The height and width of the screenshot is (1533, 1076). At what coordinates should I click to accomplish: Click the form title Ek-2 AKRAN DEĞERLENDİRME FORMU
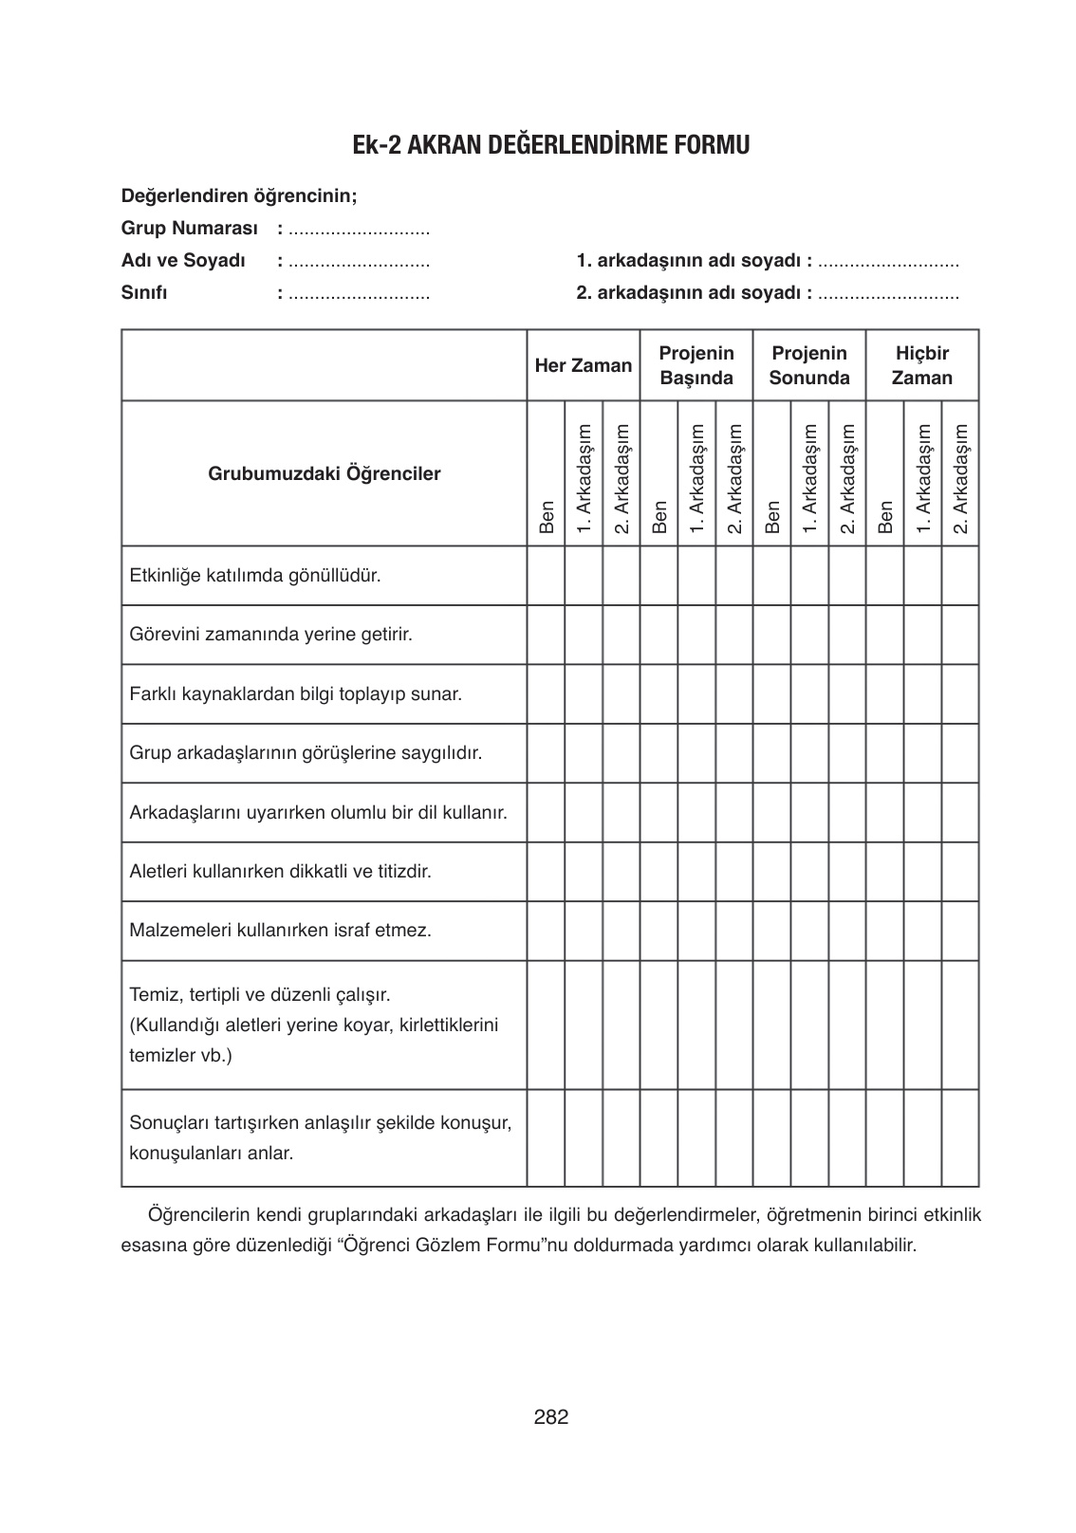(550, 145)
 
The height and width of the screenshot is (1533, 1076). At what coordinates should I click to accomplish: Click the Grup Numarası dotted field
(359, 230)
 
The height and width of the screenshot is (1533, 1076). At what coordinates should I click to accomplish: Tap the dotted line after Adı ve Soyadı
(359, 261)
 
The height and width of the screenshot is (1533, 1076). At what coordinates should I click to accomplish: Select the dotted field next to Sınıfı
(359, 293)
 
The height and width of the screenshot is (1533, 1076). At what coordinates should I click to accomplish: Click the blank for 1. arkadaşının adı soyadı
(888, 261)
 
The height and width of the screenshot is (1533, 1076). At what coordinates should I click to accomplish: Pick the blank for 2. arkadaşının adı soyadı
(888, 293)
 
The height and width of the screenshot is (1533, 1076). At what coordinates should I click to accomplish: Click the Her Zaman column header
(583, 366)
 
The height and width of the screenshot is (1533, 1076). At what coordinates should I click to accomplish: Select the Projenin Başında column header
(696, 366)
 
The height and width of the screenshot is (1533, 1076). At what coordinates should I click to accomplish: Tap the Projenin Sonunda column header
(809, 366)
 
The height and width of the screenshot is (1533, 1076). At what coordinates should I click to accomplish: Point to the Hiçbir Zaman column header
(922, 366)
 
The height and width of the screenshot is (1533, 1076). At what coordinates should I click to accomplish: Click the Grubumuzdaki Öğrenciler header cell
(325, 473)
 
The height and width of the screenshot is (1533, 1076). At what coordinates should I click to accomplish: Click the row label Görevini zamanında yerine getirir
(271, 634)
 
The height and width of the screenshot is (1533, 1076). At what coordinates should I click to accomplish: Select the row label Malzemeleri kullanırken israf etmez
(281, 930)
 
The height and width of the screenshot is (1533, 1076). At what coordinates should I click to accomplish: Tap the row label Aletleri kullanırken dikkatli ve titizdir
(281, 871)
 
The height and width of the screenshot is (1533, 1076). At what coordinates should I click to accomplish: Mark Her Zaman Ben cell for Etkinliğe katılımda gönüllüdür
(547, 576)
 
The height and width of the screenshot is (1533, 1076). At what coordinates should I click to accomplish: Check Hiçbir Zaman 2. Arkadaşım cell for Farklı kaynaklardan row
(960, 693)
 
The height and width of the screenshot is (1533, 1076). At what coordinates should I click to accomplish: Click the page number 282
(551, 1417)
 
